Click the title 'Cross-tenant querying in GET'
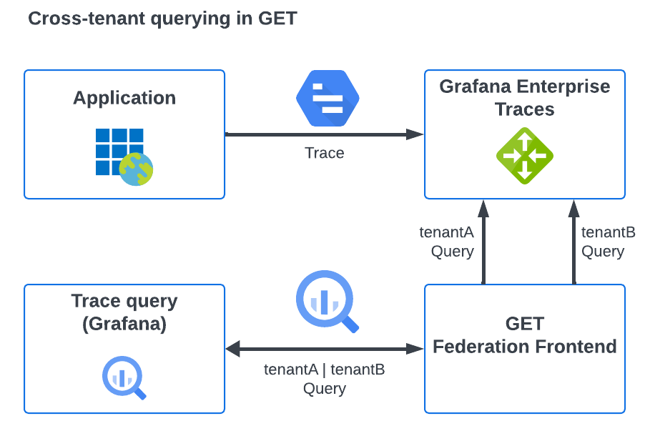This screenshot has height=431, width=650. [x=162, y=19]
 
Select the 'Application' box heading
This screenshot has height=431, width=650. [x=124, y=98]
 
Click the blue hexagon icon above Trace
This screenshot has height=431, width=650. [x=328, y=99]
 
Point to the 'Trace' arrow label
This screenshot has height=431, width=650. [x=324, y=153]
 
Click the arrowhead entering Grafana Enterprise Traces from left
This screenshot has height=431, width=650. [x=416, y=134]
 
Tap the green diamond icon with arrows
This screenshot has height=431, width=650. [x=524, y=155]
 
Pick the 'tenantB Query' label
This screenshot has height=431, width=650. [x=606, y=242]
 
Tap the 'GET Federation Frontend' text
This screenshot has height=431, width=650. [x=524, y=335]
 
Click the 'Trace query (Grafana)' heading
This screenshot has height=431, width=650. [x=124, y=312]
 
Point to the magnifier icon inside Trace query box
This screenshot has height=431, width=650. [x=124, y=377]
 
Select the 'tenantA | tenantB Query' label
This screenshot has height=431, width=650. [x=324, y=379]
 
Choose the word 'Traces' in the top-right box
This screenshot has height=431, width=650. [x=524, y=109]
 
